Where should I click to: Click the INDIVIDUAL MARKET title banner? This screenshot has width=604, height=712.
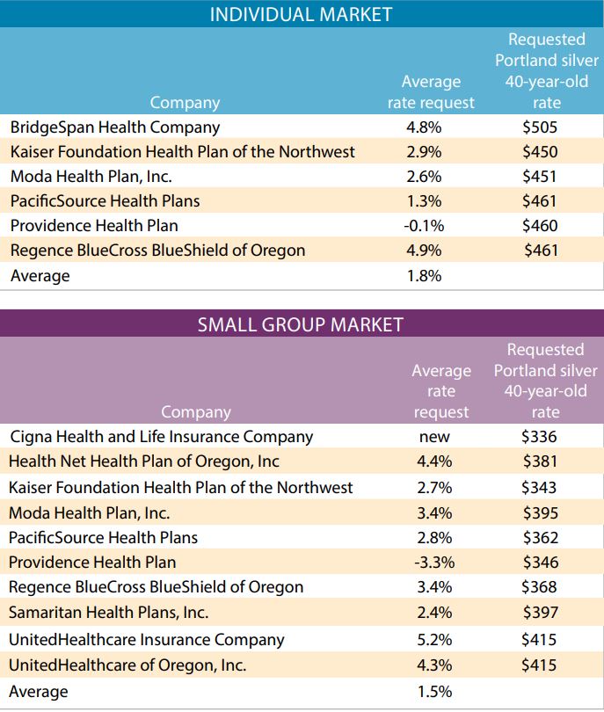301,14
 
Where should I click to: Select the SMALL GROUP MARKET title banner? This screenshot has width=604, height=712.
301,324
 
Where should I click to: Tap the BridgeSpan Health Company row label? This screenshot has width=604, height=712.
115,127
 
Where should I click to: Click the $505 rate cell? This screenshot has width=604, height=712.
540,127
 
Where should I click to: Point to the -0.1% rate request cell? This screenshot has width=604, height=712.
424,225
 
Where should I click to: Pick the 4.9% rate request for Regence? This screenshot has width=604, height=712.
424,250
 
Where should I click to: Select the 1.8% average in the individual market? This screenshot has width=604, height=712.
424,275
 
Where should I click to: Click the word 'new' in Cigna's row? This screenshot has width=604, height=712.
435,437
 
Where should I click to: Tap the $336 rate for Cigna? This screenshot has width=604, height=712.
539,437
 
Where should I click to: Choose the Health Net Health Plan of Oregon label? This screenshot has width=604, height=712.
144,461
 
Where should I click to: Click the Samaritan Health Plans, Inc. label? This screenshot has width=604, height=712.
109,613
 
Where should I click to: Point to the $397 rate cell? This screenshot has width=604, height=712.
539,613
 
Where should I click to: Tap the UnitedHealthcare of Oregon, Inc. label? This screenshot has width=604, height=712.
127,665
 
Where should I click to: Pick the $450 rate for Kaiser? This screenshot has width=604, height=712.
540,151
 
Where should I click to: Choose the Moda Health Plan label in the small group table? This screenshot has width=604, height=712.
90,512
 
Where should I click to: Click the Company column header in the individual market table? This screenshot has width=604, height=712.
185,103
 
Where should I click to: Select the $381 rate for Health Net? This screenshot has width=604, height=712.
539,461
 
